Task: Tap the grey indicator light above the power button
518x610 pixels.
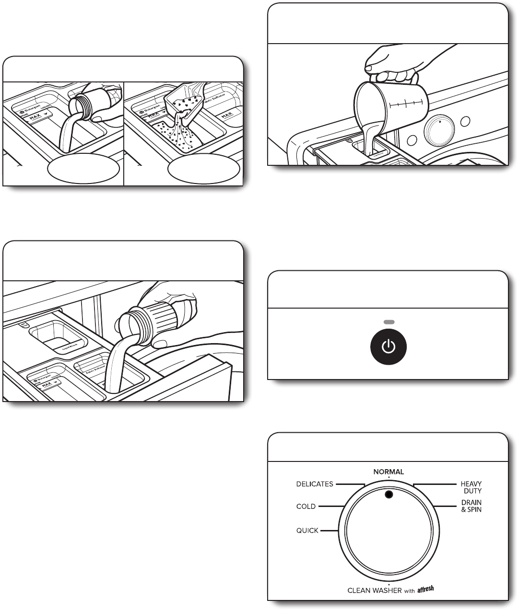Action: coord(388,322)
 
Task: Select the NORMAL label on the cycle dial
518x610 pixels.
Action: coord(388,472)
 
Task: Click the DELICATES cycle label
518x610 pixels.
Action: coord(314,484)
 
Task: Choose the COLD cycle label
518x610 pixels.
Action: coord(306,506)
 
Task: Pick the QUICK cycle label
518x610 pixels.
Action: coord(307,530)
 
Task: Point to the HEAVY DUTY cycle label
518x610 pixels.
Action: coord(471,487)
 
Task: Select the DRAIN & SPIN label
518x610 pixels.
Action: coord(471,506)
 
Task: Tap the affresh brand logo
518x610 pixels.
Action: coord(425,589)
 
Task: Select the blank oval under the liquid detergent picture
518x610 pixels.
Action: coord(83,168)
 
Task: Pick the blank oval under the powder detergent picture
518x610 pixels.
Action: coord(204,168)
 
